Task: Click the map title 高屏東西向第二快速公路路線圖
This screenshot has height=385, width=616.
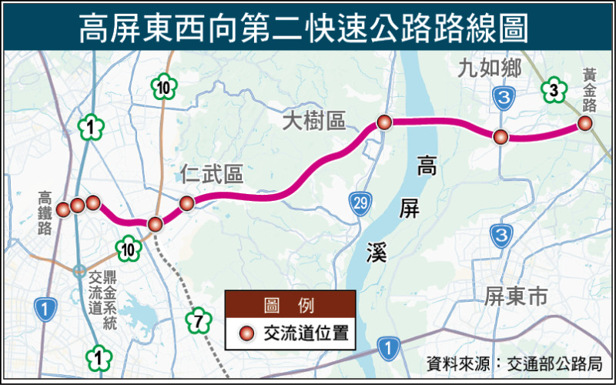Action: pyautogui.click(x=308, y=28)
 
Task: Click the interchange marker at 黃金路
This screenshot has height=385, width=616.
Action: pyautogui.click(x=585, y=123)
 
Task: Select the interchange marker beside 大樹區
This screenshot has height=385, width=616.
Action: pyautogui.click(x=384, y=122)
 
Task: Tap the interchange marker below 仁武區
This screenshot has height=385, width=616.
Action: pyautogui.click(x=186, y=203)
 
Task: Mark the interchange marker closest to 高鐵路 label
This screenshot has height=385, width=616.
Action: pyautogui.click(x=64, y=208)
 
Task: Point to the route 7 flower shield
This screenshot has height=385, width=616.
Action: pyautogui.click(x=198, y=322)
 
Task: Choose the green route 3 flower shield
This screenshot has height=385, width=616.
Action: pyautogui.click(x=552, y=91)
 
